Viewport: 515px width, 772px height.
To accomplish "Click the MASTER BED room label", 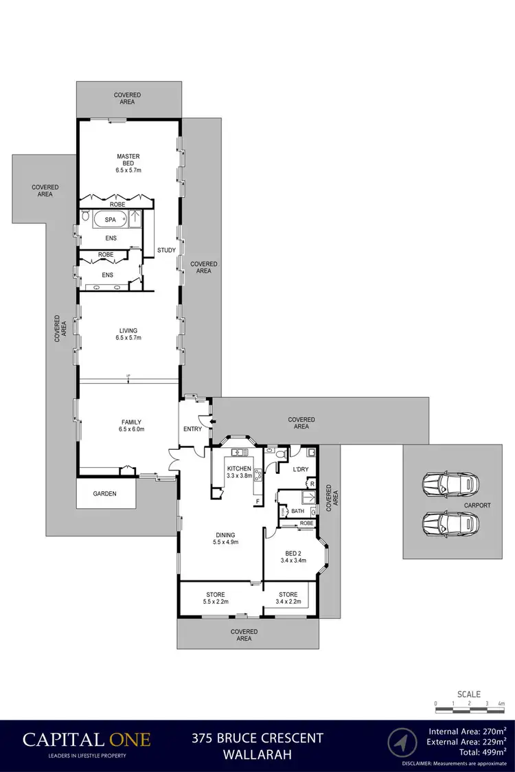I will pyautogui.click(x=128, y=163).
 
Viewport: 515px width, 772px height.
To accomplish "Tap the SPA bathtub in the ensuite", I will pyautogui.click(x=111, y=220).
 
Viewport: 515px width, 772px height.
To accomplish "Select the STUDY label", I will pyautogui.click(x=166, y=250).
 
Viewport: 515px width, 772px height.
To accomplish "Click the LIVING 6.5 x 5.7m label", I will pyautogui.click(x=128, y=334).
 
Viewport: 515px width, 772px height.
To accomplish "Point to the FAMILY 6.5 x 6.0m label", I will pyautogui.click(x=128, y=425).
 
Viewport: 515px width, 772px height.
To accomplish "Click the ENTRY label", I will pyautogui.click(x=193, y=429).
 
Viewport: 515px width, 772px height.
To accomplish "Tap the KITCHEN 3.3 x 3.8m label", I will pyautogui.click(x=240, y=473).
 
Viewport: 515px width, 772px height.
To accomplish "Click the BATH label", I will pyautogui.click(x=297, y=511).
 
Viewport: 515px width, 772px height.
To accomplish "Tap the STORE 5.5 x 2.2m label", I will pyautogui.click(x=215, y=598).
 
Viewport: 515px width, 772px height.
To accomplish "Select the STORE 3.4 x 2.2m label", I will pyautogui.click(x=288, y=598).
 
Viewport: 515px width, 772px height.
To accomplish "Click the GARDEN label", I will pyautogui.click(x=105, y=494).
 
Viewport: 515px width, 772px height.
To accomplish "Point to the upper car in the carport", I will pyautogui.click(x=449, y=485).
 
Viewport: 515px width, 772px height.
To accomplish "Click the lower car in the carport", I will pyautogui.click(x=449, y=523).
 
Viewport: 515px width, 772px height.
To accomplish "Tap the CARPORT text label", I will pyautogui.click(x=477, y=506).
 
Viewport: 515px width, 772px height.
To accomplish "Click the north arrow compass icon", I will pyautogui.click(x=402, y=743).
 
